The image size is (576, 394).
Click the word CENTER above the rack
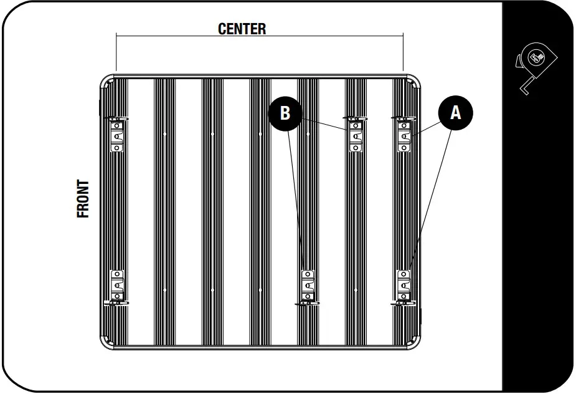pyautogui.click(x=242, y=29)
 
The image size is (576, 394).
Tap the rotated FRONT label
pyautogui.click(x=83, y=199)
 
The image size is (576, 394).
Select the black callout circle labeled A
pyautogui.click(x=456, y=113)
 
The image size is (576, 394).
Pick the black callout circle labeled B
pyautogui.click(x=285, y=113)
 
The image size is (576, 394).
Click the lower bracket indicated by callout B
pyautogui.click(x=308, y=287)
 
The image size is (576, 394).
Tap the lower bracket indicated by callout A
pyautogui.click(x=404, y=287)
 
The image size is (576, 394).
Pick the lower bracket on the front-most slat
pyautogui.click(x=117, y=287)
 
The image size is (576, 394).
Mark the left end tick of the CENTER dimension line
pyautogui.click(x=116, y=52)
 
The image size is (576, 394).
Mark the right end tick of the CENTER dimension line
pyautogui.click(x=403, y=52)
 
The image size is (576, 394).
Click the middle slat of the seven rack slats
pyautogui.click(x=260, y=212)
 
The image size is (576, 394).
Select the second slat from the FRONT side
pyautogui.click(x=164, y=212)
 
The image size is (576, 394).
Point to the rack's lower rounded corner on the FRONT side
pyautogui.click(x=107, y=342)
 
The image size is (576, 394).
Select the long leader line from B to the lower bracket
pyautogui.click(x=296, y=201)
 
